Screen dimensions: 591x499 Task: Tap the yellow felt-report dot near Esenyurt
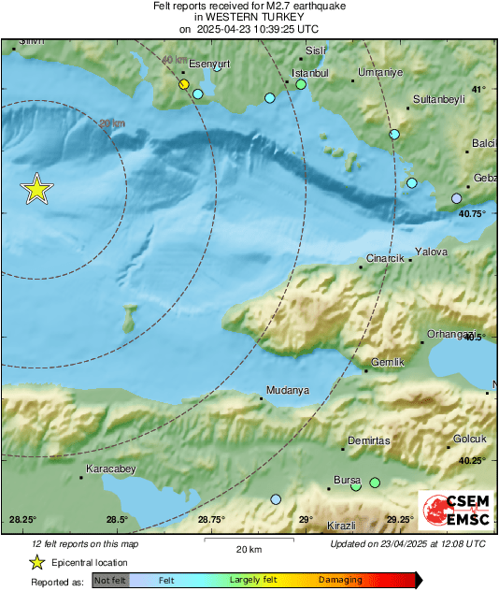click(184, 85)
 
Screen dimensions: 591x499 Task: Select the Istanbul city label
click(310, 73)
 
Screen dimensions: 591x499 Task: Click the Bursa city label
click(347, 480)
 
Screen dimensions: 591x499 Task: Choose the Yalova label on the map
click(432, 252)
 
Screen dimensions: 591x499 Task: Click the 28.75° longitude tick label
click(211, 520)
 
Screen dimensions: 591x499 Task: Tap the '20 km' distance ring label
click(111, 123)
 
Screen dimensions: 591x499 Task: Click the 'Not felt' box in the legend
click(109, 580)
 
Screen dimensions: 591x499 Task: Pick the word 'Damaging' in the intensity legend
click(340, 580)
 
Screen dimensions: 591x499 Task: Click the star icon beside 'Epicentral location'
click(36, 562)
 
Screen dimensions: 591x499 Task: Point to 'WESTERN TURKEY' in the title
click(249, 17)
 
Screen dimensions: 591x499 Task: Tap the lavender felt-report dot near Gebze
click(456, 198)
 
